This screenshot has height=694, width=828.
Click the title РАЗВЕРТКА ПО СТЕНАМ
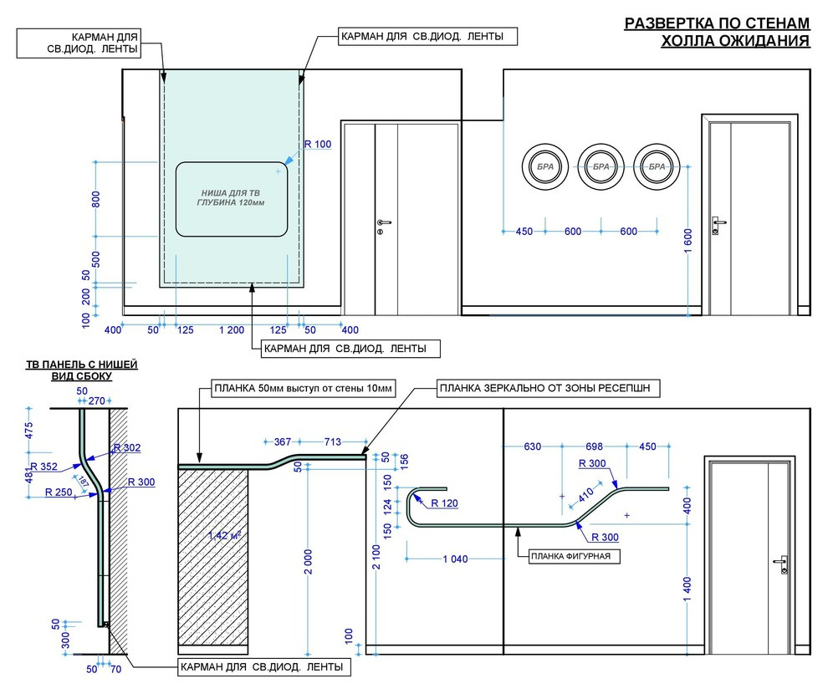tap(717, 23)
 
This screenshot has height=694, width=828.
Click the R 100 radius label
tap(317, 144)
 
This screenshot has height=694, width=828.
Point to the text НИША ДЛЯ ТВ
tap(231, 193)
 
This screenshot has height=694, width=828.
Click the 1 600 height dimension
tap(687, 241)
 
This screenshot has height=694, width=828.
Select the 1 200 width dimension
tap(232, 330)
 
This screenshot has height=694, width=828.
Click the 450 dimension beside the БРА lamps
tap(524, 231)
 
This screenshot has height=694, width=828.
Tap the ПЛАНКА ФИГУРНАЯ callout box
tap(575, 556)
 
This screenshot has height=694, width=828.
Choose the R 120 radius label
tap(445, 503)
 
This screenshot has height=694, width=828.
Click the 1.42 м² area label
tap(224, 535)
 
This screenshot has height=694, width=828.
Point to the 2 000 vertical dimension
tap(309, 562)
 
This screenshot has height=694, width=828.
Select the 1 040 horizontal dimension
tap(455, 559)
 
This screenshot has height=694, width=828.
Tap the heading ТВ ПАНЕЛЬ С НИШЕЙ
tap(82, 365)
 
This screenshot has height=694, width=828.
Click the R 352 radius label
tap(43, 467)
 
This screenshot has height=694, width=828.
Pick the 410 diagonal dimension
tap(585, 495)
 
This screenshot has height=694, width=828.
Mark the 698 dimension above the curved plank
tap(594, 447)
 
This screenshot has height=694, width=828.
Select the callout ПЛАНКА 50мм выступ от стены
tap(303, 389)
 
